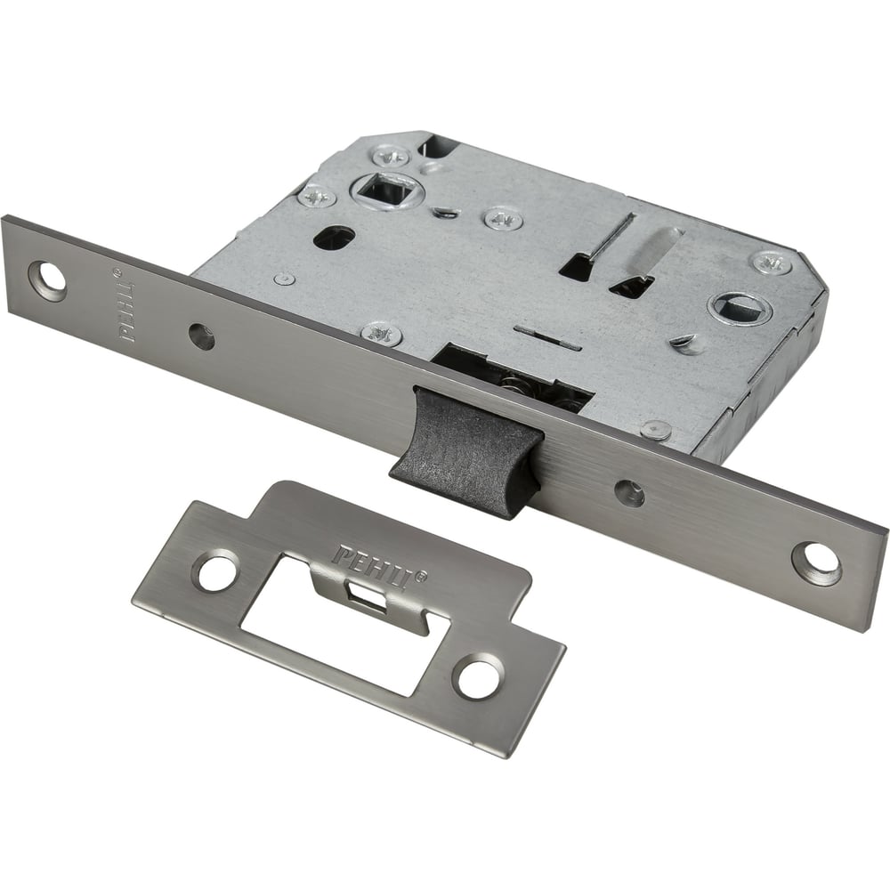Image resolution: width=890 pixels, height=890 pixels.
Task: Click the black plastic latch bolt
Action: click(465, 451)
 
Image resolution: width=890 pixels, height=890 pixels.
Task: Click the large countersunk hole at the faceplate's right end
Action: click(815, 563)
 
